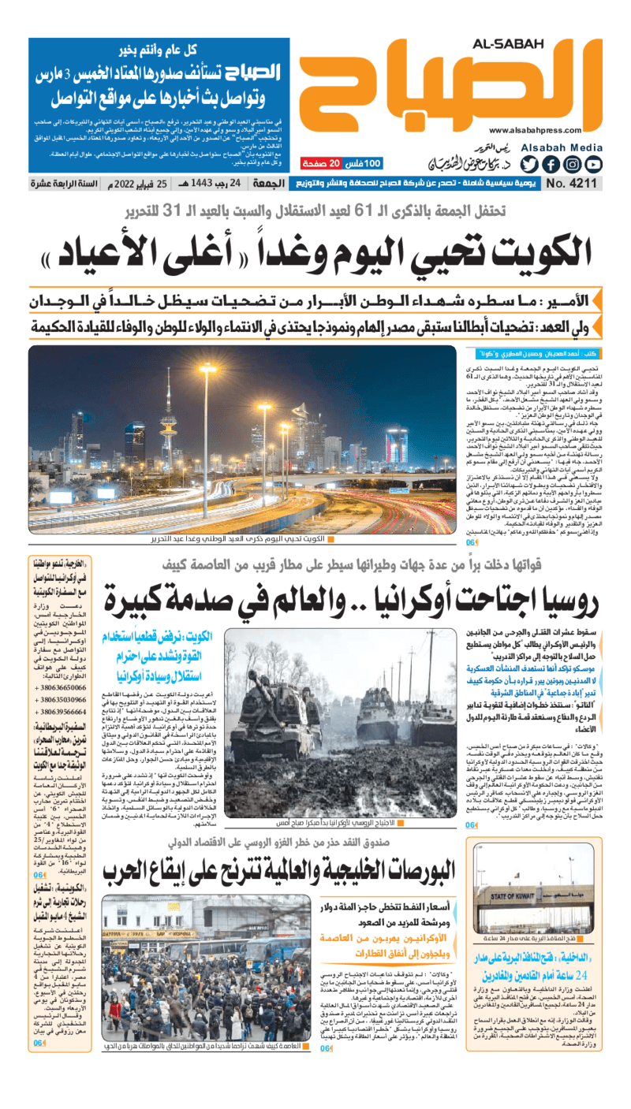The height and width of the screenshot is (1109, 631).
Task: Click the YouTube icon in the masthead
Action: (593, 165)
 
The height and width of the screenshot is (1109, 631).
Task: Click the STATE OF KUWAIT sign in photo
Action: (513, 898)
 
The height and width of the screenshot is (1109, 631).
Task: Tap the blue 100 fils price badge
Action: (363, 164)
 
